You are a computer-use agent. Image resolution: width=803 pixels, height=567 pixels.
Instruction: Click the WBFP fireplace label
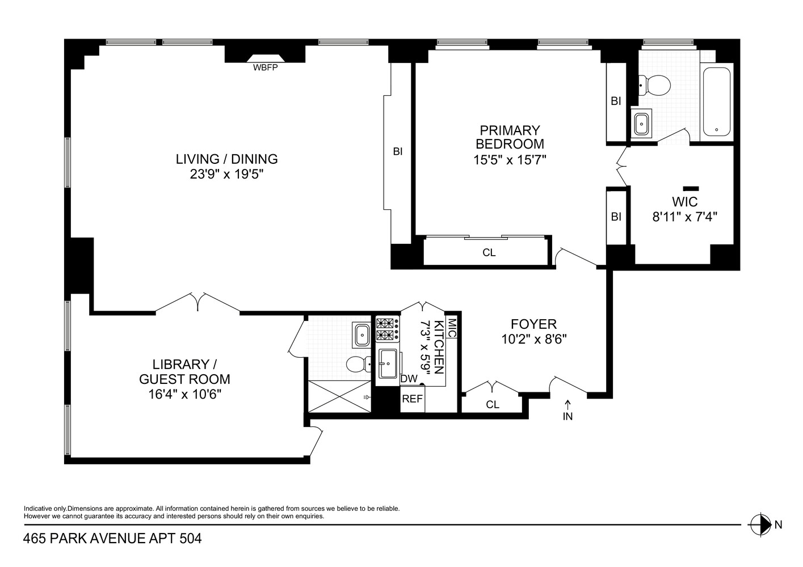point(265,67)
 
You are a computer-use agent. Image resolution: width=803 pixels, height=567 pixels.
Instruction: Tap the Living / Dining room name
point(226,159)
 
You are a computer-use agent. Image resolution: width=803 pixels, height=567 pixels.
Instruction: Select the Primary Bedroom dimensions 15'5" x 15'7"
point(510,160)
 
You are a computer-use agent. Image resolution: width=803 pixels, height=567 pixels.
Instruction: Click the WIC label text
point(685,202)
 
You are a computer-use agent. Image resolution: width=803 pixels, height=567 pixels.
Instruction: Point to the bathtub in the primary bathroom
point(717,101)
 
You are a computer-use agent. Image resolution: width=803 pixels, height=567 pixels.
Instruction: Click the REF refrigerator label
point(412,399)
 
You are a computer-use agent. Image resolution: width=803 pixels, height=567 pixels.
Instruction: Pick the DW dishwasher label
point(409,379)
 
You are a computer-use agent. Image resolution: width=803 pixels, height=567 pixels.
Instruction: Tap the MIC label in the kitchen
point(452,328)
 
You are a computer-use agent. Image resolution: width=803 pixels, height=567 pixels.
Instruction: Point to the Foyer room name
point(534,324)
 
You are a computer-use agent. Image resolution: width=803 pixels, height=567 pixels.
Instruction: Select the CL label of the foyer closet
point(493,405)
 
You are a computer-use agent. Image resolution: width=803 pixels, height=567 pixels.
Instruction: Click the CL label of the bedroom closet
point(489,253)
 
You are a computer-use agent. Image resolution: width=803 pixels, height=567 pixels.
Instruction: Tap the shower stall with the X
point(339,396)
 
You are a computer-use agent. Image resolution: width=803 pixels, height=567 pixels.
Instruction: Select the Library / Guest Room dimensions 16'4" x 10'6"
point(184,395)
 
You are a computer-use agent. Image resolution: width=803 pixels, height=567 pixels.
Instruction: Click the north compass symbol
point(760,525)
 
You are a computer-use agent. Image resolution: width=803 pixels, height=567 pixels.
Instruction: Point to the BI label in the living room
point(398,152)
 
